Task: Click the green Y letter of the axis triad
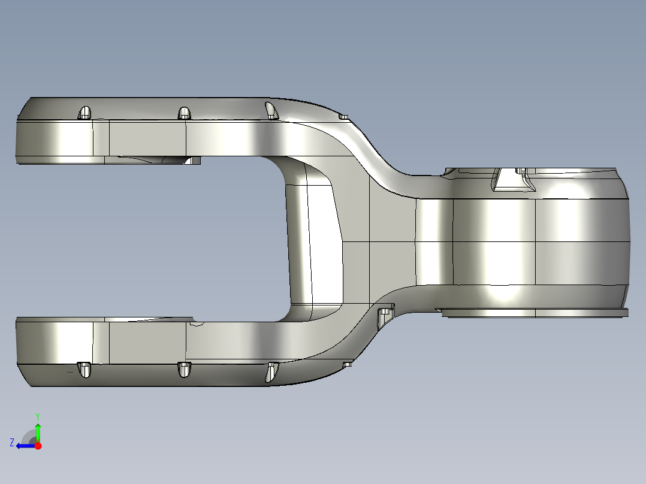pos(37,416)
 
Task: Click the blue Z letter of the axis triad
pos(12,442)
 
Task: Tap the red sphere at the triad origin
pos(38,446)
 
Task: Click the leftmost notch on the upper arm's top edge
pos(85,113)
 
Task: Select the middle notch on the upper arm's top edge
pos(184,113)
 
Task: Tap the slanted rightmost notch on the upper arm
pos(272,110)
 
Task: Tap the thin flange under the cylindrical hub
pos(533,312)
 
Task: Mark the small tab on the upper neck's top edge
pos(343,116)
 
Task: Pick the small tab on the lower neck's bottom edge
pos(347,364)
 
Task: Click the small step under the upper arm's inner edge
pos(193,160)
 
